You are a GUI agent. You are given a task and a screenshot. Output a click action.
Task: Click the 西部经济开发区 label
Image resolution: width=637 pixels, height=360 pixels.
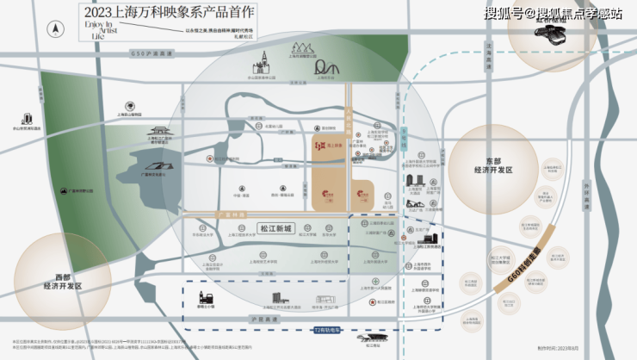(62, 281)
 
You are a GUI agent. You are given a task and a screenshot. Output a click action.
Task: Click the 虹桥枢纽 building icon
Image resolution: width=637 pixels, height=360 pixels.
(551, 33)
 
